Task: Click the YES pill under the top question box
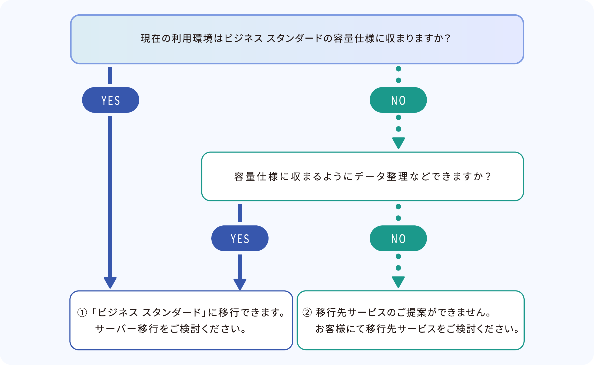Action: coord(110,100)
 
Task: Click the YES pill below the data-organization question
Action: coord(240,239)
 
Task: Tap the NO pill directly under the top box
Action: coord(398,100)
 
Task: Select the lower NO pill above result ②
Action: coord(398,239)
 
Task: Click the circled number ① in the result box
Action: coord(82,313)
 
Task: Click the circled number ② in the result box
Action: coord(307,313)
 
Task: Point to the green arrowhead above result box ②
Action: coord(398,282)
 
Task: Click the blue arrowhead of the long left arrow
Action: coord(110,282)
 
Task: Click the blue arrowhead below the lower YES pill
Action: coord(240,284)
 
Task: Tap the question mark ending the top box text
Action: coord(447,38)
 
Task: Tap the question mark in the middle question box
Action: coord(488,177)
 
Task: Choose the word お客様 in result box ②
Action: coord(331,329)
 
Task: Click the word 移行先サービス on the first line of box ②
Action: coord(351,313)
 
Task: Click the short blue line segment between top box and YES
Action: coord(110,76)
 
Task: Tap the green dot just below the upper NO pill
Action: coord(398,117)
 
